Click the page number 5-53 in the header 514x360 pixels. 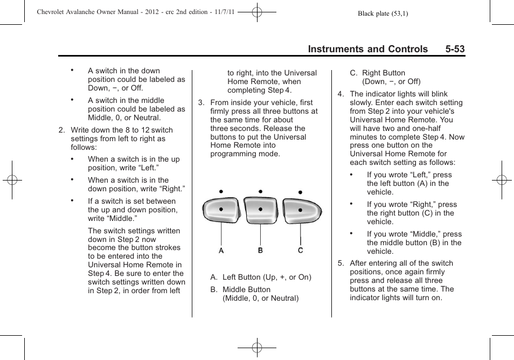coord(455,49)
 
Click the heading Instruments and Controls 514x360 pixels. coord(367,49)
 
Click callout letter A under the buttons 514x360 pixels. coord(221,251)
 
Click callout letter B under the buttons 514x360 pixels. coord(260,251)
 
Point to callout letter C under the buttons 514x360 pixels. coord(301,251)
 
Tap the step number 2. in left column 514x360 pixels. coord(62,130)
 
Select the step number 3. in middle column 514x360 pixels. coord(201,103)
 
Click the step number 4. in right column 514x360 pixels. coord(341,94)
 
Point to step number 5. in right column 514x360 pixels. coord(341,264)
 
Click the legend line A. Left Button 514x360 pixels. coord(261,278)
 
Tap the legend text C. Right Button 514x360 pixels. coord(377,73)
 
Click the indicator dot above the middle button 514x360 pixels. coord(260,191)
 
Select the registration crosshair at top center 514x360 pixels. coord(257,11)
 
